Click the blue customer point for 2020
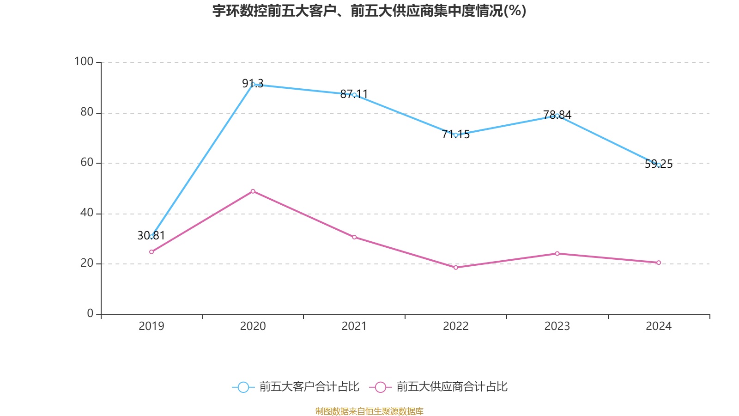[253, 84]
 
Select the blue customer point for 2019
[151, 236]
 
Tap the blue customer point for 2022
[456, 135]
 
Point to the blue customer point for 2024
[659, 165]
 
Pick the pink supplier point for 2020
[253, 191]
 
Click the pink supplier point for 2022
[456, 267]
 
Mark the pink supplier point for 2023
[557, 253]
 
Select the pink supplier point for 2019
[151, 252]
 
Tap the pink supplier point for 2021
[354, 237]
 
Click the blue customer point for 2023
[557, 116]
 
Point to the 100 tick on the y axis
[84, 61]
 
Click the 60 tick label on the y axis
[86, 162]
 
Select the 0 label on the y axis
[90, 313]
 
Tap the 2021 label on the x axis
[354, 326]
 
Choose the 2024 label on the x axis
[659, 326]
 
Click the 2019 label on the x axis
[151, 326]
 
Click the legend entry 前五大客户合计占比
[296, 387]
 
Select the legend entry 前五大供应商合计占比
[439, 387]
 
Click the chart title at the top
[369, 11]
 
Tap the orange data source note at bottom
[369, 411]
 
